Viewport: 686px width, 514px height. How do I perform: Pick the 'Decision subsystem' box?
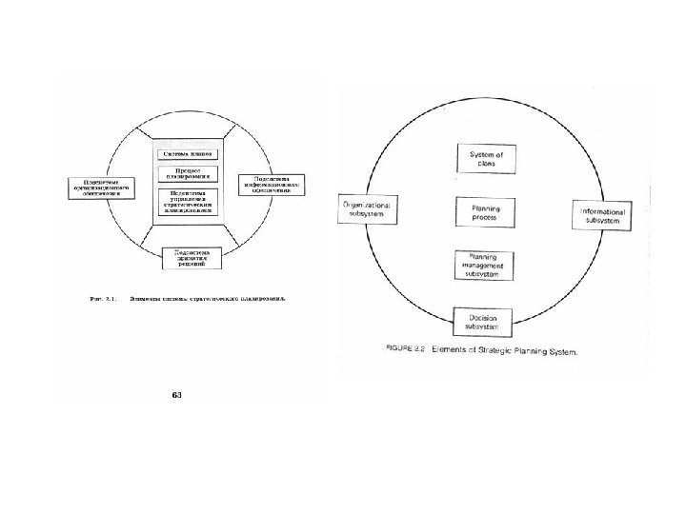tap(486, 321)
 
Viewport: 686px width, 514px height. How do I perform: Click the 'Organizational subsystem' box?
tap(365, 209)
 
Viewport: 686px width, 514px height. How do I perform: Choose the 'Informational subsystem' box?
tap(604, 215)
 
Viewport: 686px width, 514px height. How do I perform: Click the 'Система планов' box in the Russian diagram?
tap(188, 153)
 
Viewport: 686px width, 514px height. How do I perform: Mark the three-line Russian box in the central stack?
tap(188, 204)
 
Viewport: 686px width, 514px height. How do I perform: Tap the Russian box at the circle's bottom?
tap(192, 257)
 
